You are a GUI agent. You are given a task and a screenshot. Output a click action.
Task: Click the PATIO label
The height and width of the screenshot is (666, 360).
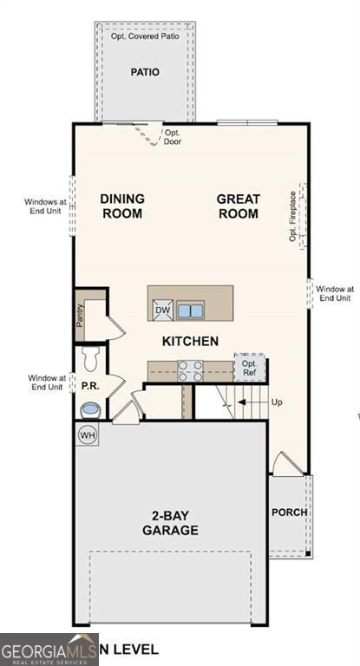[145, 72]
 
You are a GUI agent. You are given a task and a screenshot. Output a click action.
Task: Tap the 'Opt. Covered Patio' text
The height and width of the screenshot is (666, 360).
[145, 36]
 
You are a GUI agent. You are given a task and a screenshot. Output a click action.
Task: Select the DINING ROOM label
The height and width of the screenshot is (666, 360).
[121, 206]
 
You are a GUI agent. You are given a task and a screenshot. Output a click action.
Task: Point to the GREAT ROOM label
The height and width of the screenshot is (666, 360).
[238, 206]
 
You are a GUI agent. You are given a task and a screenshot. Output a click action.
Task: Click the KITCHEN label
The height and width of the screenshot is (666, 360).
[190, 342]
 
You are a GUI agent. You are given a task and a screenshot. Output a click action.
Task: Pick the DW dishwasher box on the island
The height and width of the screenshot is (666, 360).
[162, 310]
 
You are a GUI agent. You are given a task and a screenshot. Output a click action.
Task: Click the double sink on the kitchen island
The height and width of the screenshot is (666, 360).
[190, 310]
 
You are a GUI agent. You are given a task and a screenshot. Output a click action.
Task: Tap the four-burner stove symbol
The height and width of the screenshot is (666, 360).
[190, 370]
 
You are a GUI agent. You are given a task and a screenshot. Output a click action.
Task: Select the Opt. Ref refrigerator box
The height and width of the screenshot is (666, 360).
[249, 368]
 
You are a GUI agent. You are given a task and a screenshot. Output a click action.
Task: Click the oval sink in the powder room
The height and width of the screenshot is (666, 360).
[90, 408]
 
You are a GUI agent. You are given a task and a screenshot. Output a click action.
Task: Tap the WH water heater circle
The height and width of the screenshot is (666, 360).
[88, 434]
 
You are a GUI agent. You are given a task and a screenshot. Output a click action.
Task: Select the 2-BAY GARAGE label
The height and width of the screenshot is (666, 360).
[170, 523]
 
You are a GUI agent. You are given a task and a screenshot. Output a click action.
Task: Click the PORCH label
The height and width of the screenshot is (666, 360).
[289, 513]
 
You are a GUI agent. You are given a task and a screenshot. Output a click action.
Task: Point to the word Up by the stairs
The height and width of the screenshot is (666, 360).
[278, 403]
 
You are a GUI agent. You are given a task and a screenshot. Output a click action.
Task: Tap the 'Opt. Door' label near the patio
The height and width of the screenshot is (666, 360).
[173, 137]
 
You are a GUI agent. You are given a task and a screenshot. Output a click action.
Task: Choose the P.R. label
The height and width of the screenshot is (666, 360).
[88, 384]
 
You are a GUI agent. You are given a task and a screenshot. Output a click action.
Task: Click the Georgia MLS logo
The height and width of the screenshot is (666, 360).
[49, 650]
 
